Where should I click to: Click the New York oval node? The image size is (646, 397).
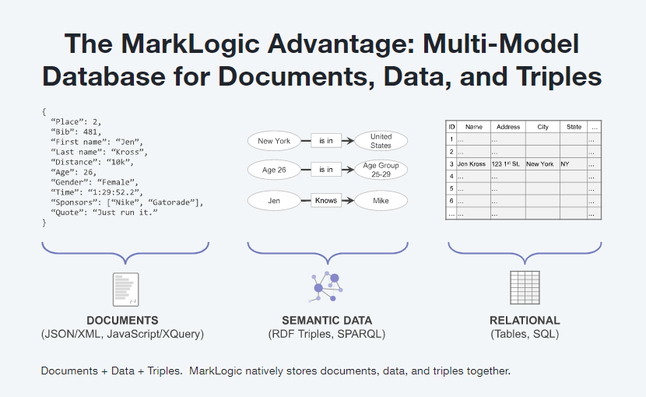pyautogui.click(x=274, y=141)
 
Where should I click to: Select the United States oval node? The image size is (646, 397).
pyautogui.click(x=381, y=141)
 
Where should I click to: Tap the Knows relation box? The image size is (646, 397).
pyautogui.click(x=326, y=200)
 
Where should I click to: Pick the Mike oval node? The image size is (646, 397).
pyautogui.click(x=381, y=200)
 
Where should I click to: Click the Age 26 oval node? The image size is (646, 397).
pyautogui.click(x=274, y=170)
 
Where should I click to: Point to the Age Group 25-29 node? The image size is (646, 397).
pyautogui.click(x=381, y=170)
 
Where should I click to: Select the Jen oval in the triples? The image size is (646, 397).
pyautogui.click(x=274, y=200)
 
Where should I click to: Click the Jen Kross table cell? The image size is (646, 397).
pyautogui.click(x=472, y=164)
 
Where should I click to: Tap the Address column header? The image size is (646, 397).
pyautogui.click(x=507, y=127)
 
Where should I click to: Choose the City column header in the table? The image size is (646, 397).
pyautogui.click(x=542, y=127)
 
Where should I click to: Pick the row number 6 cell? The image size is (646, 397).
pyautogui.click(x=451, y=201)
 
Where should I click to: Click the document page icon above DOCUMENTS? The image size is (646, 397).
pyautogui.click(x=125, y=288)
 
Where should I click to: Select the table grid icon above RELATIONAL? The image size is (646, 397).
pyautogui.click(x=524, y=287)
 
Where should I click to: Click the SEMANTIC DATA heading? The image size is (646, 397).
pyautogui.click(x=327, y=320)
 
